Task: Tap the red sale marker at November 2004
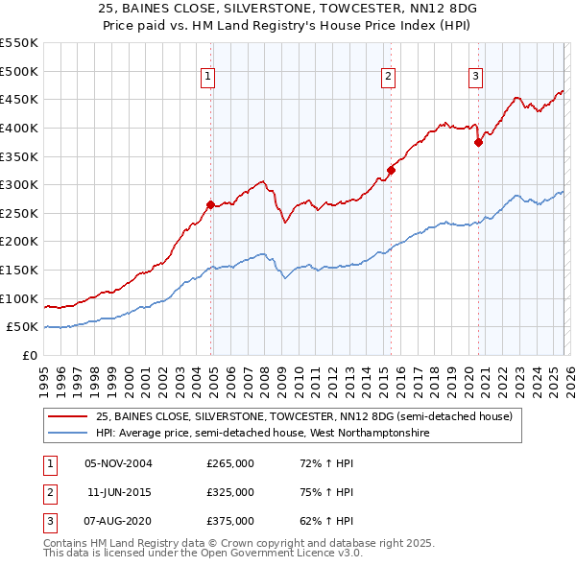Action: click(x=210, y=204)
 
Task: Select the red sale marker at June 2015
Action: click(x=391, y=171)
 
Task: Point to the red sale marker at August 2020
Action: click(x=478, y=142)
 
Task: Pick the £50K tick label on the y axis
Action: click(x=23, y=327)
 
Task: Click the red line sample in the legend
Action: click(x=67, y=417)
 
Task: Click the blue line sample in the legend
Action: click(x=67, y=434)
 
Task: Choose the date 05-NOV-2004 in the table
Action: click(x=118, y=463)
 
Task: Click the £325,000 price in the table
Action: click(x=230, y=492)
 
